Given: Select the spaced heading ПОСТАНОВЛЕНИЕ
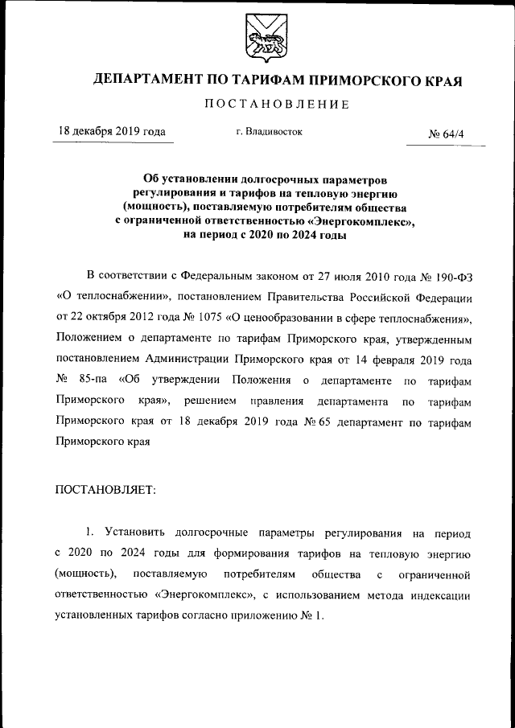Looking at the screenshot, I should tap(276, 105).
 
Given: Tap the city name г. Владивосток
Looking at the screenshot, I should tap(270, 132).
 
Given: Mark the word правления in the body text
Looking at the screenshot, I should tap(275, 400).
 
